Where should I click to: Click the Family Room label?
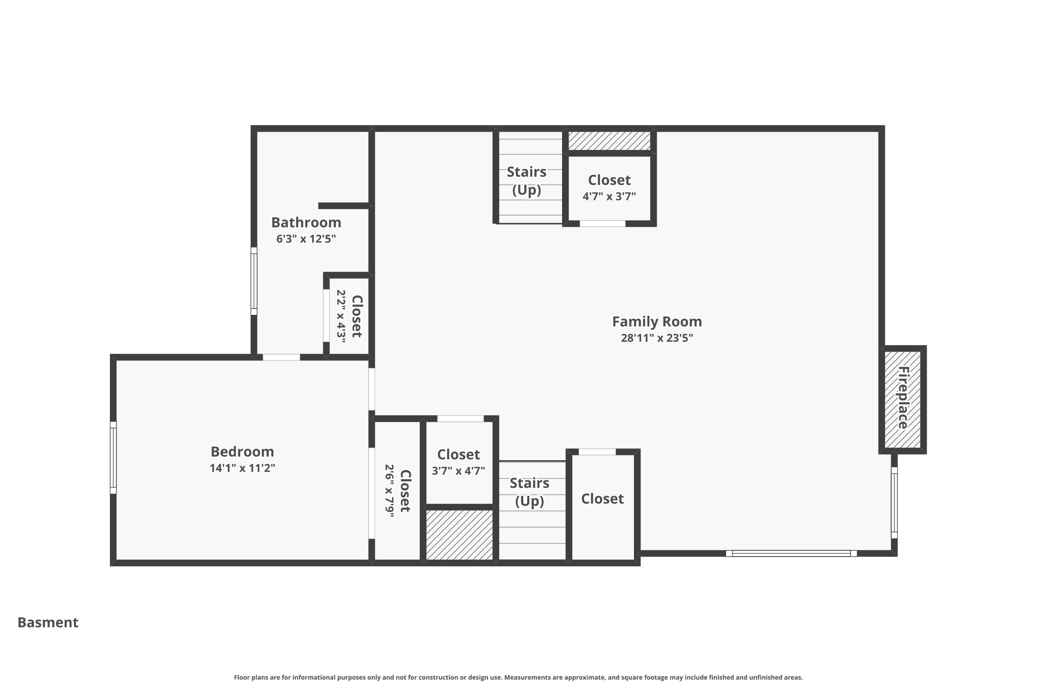tap(657, 321)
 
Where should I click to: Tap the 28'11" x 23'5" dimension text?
tap(657, 338)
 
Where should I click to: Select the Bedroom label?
tap(242, 452)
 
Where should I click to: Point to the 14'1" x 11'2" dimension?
tap(242, 468)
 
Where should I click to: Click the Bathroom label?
tap(306, 222)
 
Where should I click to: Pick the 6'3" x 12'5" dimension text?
tap(306, 238)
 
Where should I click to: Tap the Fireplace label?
tap(903, 398)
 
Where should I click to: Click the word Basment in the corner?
tap(48, 622)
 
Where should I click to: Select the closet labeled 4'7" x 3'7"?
tap(609, 188)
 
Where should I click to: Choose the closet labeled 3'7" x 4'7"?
tap(458, 462)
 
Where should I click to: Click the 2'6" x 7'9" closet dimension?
tap(389, 491)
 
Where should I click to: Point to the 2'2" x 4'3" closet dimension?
tap(341, 316)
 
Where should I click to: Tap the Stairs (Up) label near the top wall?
tap(527, 181)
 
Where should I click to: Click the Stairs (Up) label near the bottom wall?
tap(529, 492)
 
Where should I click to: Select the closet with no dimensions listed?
tap(602, 499)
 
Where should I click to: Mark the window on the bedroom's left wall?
tap(113, 458)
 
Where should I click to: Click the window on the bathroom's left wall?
tap(254, 281)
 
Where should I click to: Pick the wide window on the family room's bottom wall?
tap(791, 553)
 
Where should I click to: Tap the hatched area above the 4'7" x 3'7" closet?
tap(609, 141)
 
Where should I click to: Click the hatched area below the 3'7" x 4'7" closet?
tap(459, 535)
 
